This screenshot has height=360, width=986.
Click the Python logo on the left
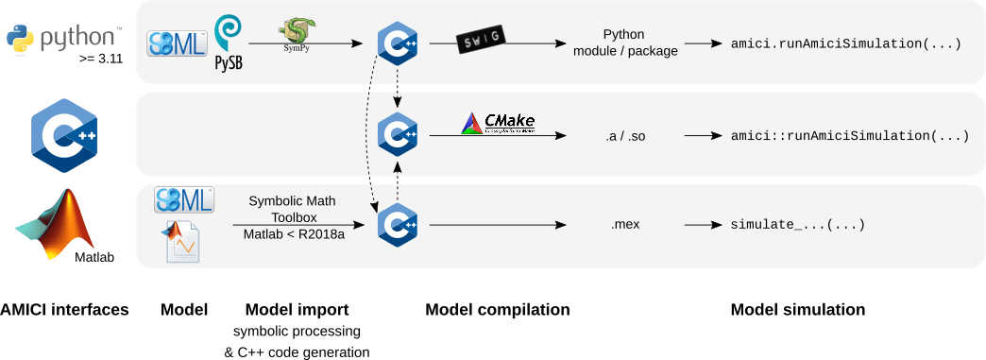pos(64,40)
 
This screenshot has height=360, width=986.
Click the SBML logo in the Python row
pos(177,43)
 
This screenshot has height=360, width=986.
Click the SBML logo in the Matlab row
pos(184,199)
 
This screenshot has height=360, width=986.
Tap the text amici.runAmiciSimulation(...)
pos(846,43)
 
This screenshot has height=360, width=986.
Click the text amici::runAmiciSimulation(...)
pos(850,136)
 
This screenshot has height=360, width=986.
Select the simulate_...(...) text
pos(798,226)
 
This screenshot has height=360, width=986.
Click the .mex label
pos(625,227)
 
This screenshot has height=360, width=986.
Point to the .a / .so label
pos(625,136)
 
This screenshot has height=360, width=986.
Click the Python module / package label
pos(625,43)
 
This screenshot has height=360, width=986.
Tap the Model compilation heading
pos(497,310)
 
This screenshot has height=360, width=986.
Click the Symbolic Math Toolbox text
pos(291,208)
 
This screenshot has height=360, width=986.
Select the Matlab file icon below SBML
pos(184,241)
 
